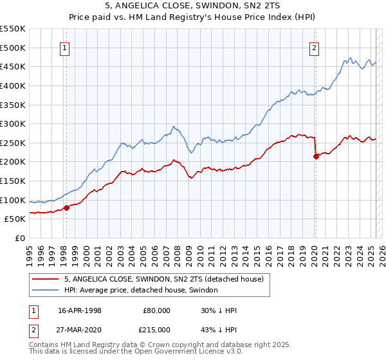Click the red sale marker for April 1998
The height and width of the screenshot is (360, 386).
66,207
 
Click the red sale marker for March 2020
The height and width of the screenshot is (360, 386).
316,156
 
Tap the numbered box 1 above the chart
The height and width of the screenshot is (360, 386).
66,47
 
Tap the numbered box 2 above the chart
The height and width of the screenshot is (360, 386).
315,47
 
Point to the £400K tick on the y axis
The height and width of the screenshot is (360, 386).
14,85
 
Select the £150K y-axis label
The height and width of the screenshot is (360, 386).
14,181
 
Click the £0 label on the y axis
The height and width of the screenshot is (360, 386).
20,239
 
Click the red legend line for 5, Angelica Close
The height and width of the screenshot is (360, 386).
46,279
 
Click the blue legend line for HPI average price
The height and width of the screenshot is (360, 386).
46,290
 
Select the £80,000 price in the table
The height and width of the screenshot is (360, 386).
156,310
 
